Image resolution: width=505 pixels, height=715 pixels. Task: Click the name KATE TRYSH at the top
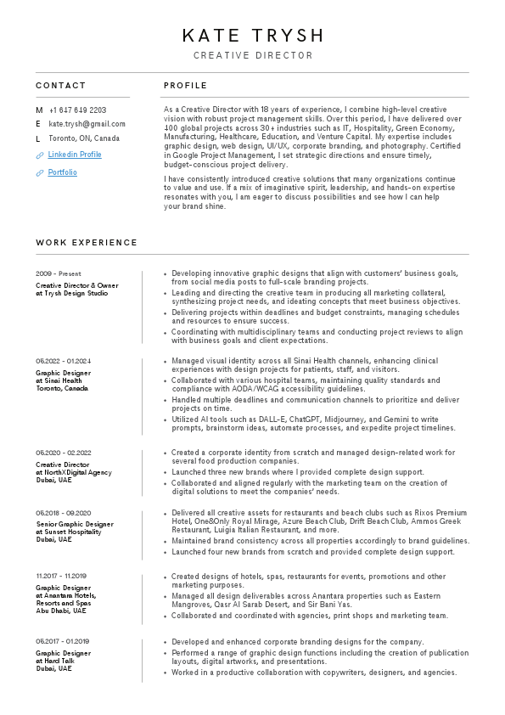coord(253,36)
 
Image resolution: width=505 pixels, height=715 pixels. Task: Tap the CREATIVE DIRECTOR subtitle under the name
coord(253,56)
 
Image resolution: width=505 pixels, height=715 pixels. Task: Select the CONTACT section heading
coord(61,86)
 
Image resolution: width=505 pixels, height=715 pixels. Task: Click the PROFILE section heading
coord(185,86)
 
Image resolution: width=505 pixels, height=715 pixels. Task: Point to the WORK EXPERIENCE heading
coord(87,243)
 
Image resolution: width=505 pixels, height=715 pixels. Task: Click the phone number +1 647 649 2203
coord(77,110)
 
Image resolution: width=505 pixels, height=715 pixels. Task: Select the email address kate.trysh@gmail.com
coord(87,124)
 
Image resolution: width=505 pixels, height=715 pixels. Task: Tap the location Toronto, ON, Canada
coord(84,138)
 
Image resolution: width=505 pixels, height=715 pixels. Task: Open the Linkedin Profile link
coord(75,155)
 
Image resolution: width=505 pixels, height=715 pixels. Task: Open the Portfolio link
coord(62,172)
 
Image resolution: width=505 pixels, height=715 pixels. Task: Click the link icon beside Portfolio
coord(39,173)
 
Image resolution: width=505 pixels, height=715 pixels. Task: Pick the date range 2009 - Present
coord(59,274)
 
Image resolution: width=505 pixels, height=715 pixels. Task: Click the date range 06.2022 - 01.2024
coord(64,361)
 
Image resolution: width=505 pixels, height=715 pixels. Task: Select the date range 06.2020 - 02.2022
coord(64,453)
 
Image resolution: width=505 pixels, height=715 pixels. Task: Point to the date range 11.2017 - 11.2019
coord(62,576)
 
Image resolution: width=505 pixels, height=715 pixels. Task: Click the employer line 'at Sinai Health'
coord(59,380)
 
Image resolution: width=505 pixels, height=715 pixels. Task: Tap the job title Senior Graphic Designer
coord(75,524)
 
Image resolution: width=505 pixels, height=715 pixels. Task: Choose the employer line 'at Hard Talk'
coord(53,661)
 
